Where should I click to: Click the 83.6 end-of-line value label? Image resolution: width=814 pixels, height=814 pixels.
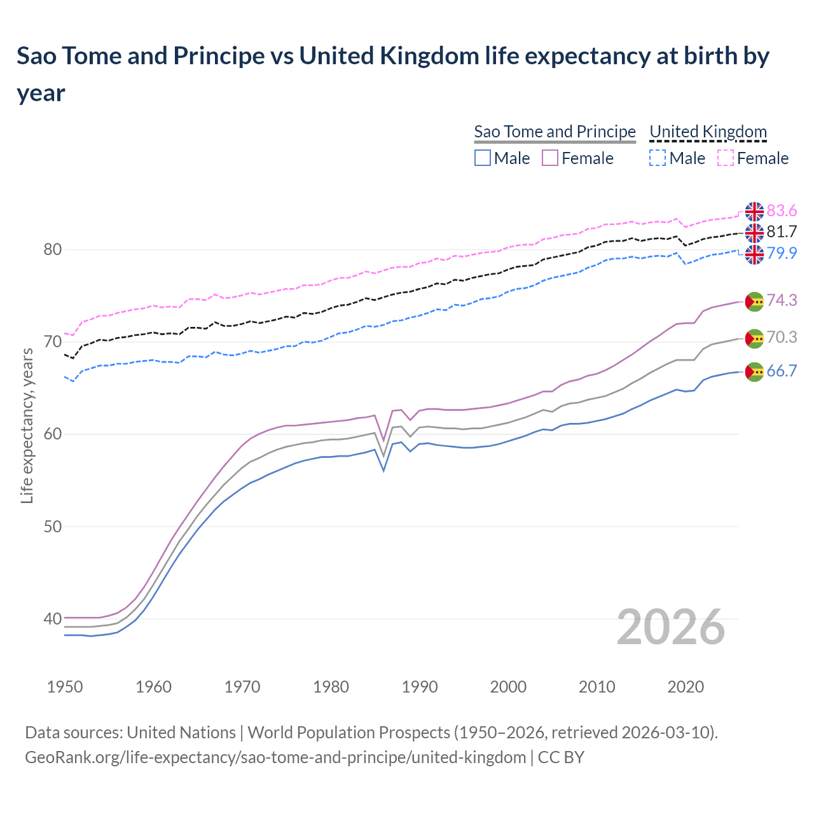782,210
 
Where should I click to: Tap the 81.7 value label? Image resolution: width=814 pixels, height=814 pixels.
782,231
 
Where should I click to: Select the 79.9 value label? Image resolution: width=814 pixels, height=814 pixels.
782,253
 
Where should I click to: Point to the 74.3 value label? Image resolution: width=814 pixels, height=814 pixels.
782,300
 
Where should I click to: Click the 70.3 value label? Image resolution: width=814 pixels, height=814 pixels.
782,337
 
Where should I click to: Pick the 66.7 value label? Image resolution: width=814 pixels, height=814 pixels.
782,371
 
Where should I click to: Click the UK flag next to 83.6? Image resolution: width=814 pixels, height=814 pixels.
754,211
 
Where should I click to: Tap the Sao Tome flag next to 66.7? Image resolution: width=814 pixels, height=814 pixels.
754,372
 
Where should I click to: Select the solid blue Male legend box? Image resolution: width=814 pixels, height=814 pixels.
483,158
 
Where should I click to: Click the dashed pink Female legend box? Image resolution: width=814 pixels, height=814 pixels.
726,158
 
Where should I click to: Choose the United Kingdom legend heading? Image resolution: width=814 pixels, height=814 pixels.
708,132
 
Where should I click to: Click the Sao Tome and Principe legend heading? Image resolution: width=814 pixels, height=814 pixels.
555,132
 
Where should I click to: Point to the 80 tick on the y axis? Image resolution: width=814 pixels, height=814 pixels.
52,249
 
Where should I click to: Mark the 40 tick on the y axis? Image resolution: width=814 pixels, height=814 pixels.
52,619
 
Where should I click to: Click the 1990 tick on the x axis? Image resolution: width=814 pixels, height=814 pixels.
420,687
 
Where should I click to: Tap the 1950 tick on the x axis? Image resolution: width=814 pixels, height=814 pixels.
65,687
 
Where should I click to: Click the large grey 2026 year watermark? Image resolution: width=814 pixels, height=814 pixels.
670,627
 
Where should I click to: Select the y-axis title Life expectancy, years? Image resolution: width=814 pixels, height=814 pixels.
27,425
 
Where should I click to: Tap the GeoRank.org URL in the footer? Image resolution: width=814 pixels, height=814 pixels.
275,757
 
